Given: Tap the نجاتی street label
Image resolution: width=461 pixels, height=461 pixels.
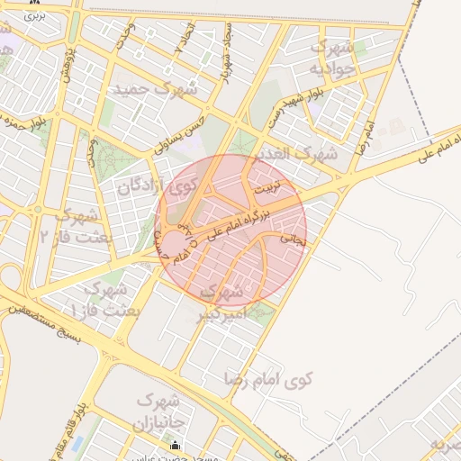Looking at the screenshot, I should tap(294, 240).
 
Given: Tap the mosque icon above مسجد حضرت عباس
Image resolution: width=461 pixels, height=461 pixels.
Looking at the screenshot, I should tap(176, 445).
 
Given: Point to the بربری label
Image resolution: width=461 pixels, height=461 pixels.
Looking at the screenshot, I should tap(33, 15).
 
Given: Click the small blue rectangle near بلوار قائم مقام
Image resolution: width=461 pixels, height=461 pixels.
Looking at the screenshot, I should tap(76, 444).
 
